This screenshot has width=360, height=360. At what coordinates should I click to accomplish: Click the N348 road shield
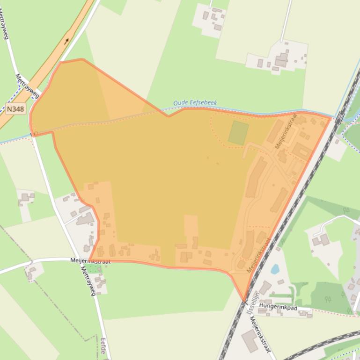[x=15, y=109]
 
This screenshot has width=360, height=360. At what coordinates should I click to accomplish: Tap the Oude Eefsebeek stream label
[x=195, y=103]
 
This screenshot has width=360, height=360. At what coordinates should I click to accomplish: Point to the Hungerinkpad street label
[x=278, y=308]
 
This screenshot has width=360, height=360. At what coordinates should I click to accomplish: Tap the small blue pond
[x=275, y=269]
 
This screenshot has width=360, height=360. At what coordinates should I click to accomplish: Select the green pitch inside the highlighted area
[x=238, y=133]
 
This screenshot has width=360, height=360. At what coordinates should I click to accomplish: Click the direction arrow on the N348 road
[x=66, y=41]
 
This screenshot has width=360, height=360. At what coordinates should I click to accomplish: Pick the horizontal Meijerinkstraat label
[x=90, y=261]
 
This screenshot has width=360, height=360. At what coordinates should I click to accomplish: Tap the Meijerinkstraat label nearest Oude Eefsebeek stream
[x=287, y=131]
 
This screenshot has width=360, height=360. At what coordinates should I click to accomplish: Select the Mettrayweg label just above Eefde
[x=88, y=281]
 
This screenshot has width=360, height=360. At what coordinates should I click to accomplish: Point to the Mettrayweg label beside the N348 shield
[x=27, y=86]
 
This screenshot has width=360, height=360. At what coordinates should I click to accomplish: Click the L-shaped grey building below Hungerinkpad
[x=250, y=341]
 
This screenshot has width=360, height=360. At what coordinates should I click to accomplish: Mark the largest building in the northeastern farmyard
[x=281, y=60]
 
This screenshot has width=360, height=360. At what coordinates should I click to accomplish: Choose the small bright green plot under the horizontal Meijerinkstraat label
[x=91, y=268]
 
